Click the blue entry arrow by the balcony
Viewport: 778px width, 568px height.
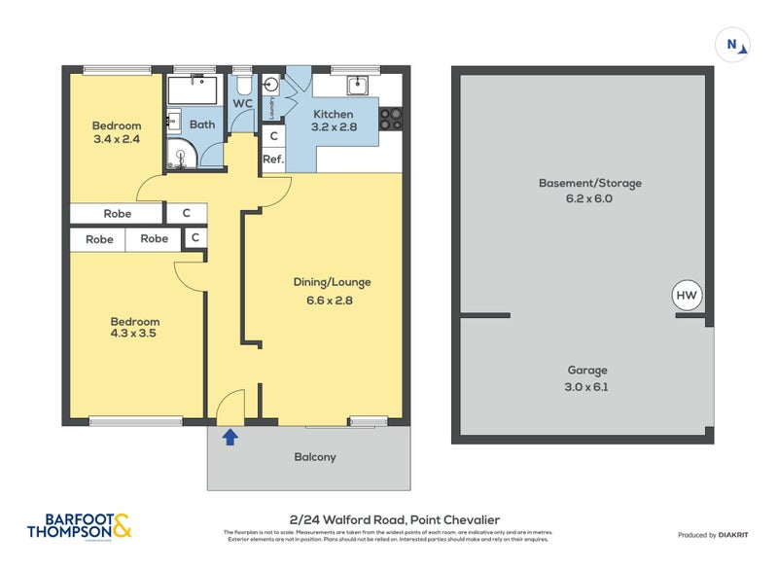click(x=230, y=438)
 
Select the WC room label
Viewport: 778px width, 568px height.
click(x=242, y=104)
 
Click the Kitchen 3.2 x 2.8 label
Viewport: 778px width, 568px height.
click(x=333, y=121)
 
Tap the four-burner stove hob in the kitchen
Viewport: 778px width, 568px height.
click(x=391, y=119)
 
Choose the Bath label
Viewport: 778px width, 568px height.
click(x=202, y=124)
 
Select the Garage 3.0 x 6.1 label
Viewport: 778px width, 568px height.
click(x=587, y=378)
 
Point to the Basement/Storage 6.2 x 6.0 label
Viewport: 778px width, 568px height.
click(x=590, y=191)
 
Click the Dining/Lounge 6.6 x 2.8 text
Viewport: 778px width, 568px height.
click(x=332, y=291)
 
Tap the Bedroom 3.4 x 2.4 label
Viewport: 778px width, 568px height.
click(x=116, y=132)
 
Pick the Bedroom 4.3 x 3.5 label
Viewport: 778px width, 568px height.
click(x=133, y=328)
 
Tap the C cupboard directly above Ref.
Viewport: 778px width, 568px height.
click(x=273, y=138)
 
